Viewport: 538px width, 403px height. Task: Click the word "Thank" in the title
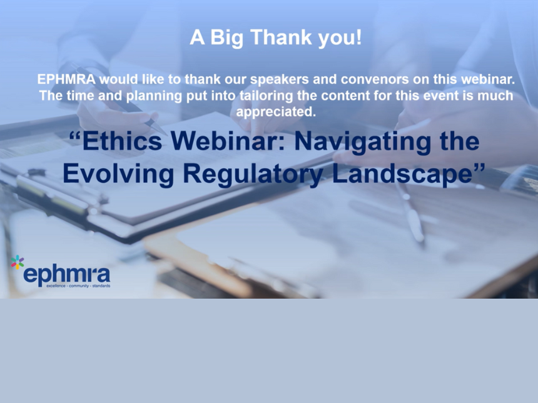[281, 37]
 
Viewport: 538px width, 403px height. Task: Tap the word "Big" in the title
[226, 38]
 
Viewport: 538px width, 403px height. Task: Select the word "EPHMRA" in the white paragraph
[66, 79]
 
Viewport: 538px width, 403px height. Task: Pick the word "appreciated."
[276, 112]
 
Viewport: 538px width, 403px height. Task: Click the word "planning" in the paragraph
[154, 96]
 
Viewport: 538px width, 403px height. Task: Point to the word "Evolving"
[118, 174]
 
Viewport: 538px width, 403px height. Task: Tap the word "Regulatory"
[253, 174]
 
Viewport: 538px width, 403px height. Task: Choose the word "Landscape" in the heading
[402, 174]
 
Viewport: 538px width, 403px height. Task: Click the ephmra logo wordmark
[66, 274]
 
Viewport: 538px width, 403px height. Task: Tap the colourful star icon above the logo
[17, 262]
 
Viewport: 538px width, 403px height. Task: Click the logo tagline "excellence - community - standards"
[79, 286]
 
